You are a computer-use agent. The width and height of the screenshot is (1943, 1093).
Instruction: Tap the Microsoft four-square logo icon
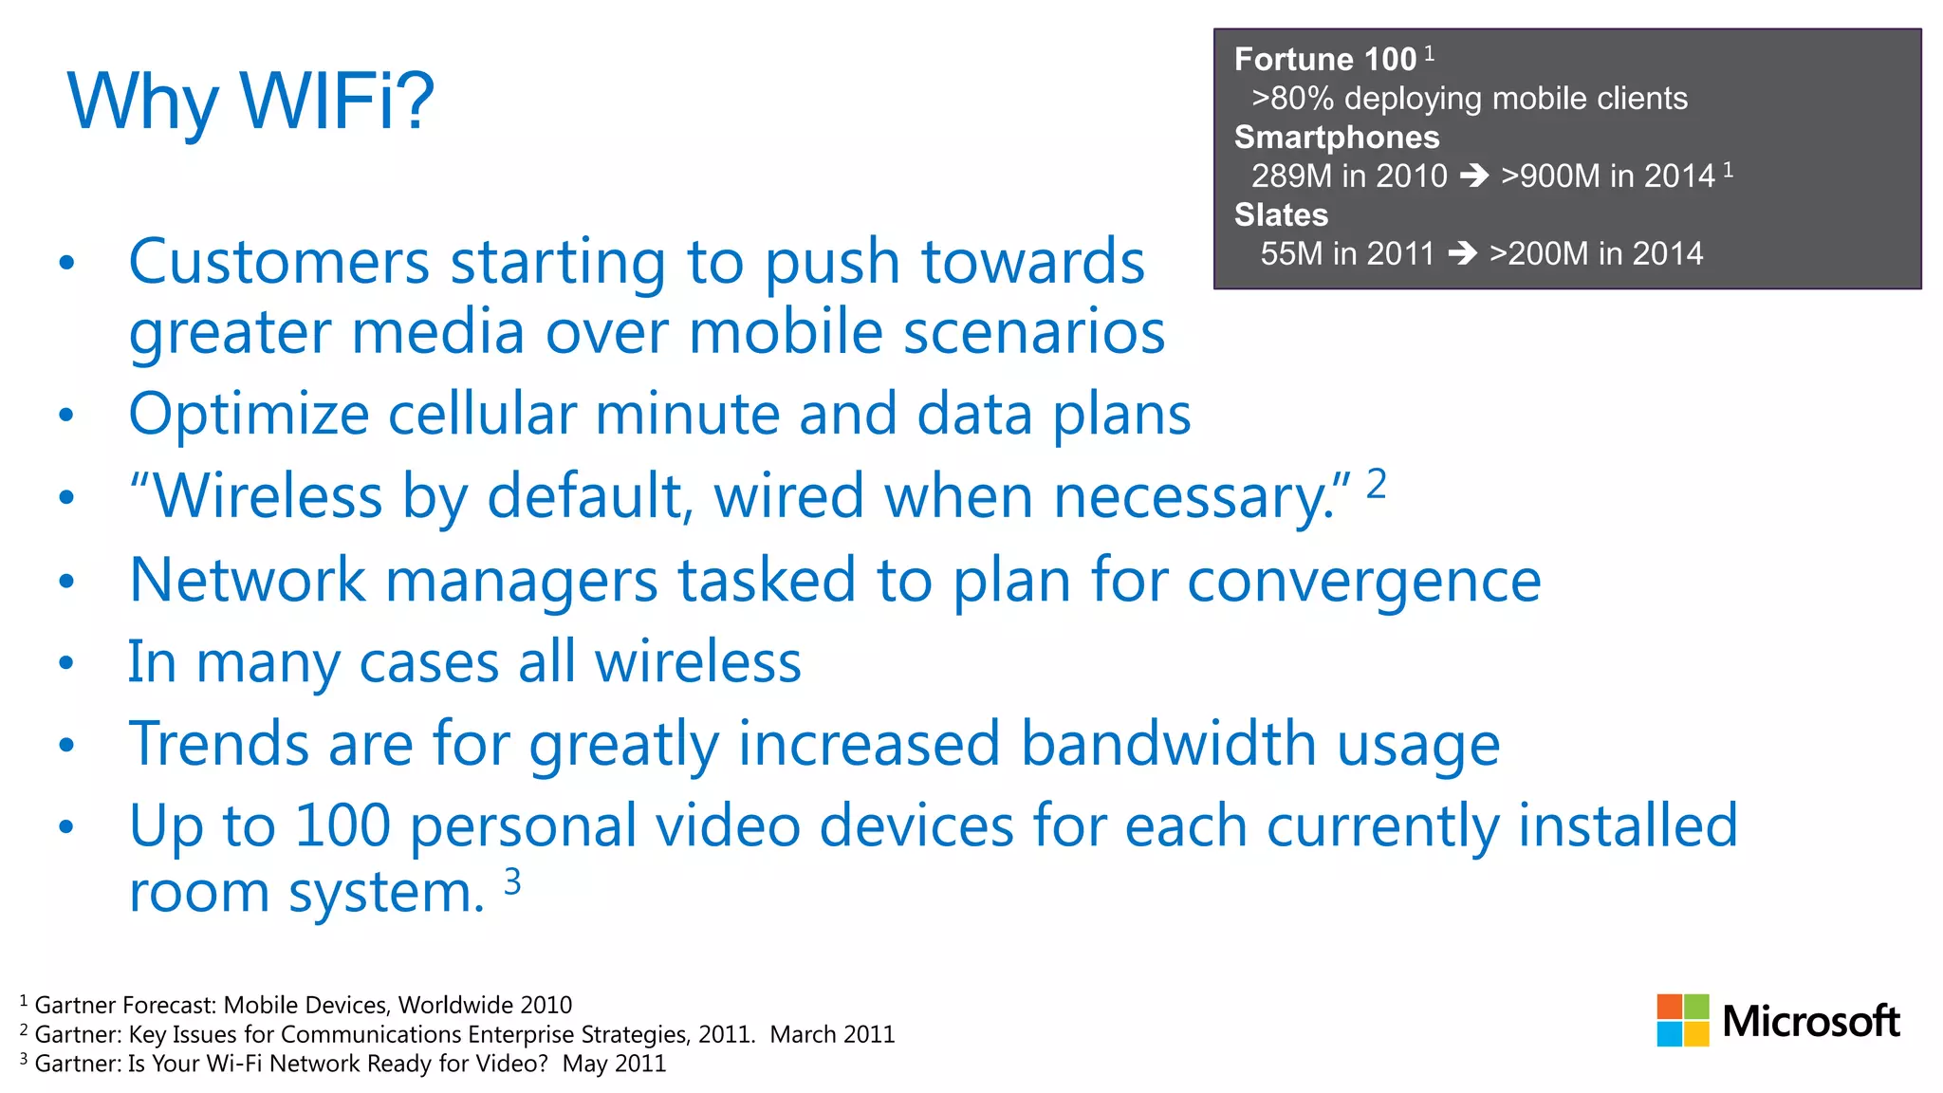[x=1682, y=1020]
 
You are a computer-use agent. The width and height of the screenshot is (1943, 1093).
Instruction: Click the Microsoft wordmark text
[x=1810, y=1022]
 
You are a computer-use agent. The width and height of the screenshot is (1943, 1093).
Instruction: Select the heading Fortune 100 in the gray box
[x=1324, y=60]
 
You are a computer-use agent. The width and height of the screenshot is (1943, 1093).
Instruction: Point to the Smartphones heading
[x=1336, y=138]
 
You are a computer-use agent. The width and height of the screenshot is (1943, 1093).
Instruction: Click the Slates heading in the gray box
[x=1281, y=215]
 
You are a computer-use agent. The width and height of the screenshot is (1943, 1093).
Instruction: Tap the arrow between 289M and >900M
[x=1474, y=176]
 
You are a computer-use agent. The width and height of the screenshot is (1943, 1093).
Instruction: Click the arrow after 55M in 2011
[x=1462, y=253]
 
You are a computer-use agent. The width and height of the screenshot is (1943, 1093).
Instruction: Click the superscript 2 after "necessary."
[x=1377, y=484]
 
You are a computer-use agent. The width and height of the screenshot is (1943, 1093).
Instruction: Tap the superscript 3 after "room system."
[x=512, y=881]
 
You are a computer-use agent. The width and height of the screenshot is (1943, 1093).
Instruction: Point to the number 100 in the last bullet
[x=342, y=825]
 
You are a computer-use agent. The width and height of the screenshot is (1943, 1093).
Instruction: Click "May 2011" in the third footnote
[x=614, y=1064]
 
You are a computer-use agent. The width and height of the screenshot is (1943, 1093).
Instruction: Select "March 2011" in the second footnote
[x=832, y=1034]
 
